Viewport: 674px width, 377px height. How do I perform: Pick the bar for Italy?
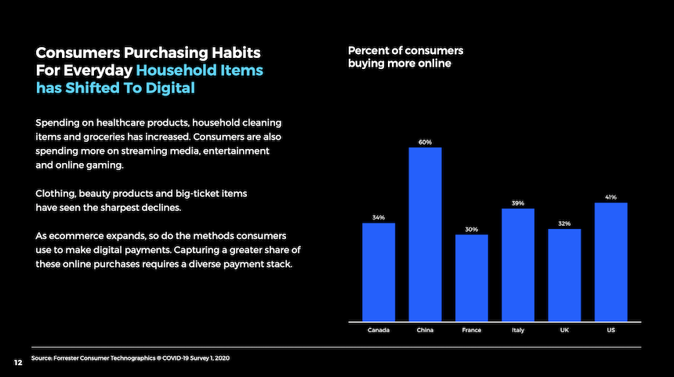[x=517, y=264]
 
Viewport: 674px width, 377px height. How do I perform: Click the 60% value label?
[x=425, y=143]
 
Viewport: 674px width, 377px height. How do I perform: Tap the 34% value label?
[x=379, y=217]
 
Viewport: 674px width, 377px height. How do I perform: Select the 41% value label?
[x=611, y=197]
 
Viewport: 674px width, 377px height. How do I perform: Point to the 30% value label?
[x=471, y=230]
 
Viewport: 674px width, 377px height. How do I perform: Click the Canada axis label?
[x=379, y=330]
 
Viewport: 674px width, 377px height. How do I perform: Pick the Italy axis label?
[x=517, y=330]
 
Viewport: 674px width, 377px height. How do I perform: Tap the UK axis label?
[x=564, y=330]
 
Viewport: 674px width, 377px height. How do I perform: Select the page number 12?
[x=16, y=362]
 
